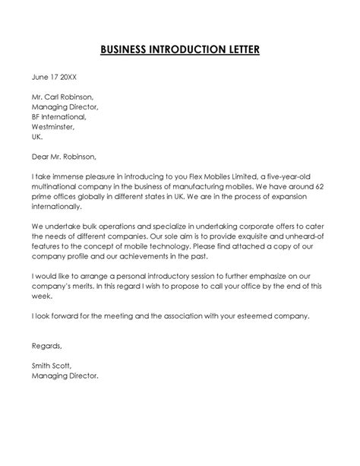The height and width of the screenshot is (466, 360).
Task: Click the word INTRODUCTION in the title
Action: pos(180,51)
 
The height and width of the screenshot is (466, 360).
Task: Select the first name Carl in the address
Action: pos(59,97)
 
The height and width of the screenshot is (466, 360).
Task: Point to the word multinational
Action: pos(58,186)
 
